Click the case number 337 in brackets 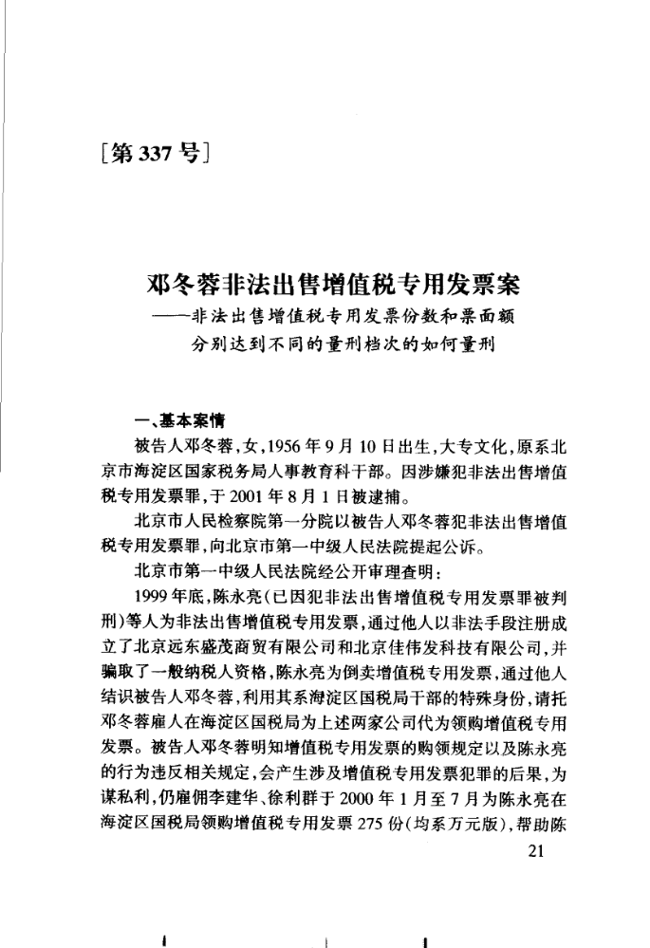(144, 151)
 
